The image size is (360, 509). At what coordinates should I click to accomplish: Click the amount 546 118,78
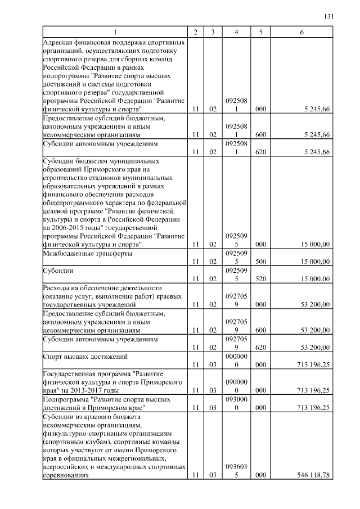313,476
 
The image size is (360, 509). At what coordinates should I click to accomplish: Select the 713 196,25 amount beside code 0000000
313,364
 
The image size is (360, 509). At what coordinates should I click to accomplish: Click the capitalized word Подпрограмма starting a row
64,399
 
